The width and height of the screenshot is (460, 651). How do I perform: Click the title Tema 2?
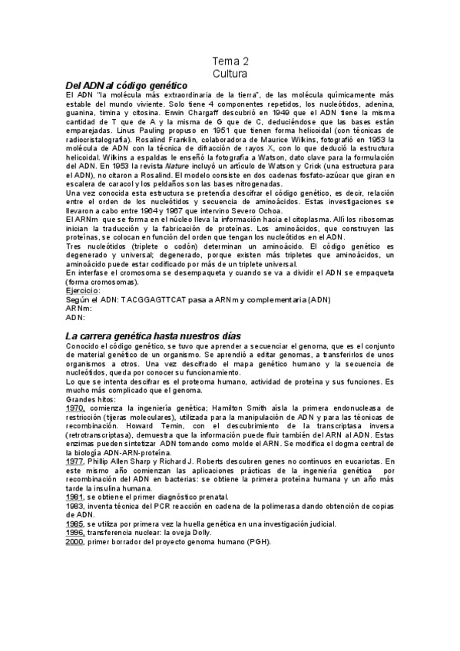(230, 61)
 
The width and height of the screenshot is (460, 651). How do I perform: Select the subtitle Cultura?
(230, 74)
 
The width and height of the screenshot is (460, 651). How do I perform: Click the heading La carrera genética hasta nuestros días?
(154, 336)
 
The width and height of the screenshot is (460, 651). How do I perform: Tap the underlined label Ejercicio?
(82, 291)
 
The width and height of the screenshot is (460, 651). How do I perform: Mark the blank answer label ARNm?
(79, 308)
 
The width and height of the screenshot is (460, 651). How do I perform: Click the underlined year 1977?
(74, 461)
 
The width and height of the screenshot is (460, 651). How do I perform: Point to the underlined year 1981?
(74, 497)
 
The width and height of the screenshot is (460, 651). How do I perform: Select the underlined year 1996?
(74, 532)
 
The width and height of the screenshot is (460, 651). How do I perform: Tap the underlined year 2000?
(74, 541)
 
